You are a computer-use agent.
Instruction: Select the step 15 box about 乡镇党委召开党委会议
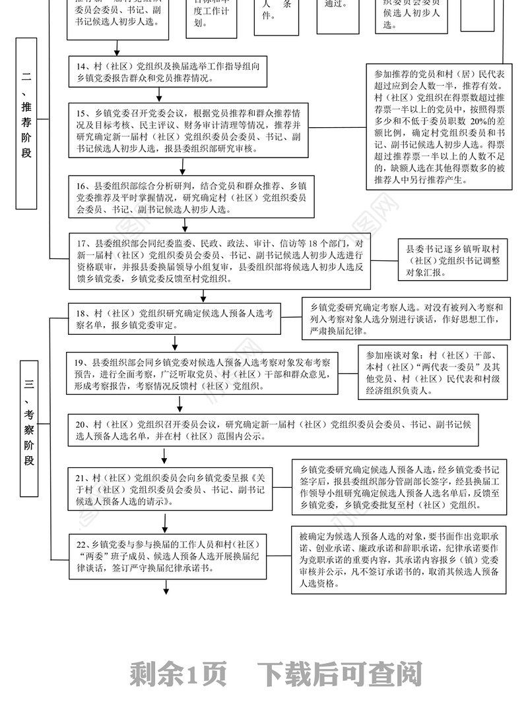coord(189,129)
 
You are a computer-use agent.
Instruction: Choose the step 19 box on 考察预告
coord(205,374)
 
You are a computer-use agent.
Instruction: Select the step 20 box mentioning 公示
coord(273,430)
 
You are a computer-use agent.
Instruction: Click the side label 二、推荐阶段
coord(26,123)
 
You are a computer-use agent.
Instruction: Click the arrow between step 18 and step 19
coord(175,343)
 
